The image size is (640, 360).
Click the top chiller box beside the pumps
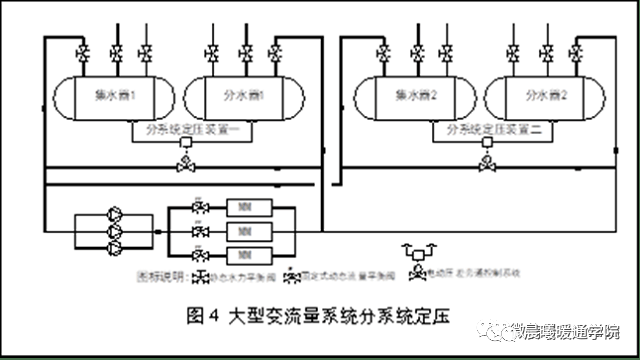coord(244,209)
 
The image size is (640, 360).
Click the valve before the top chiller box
coord(200,209)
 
